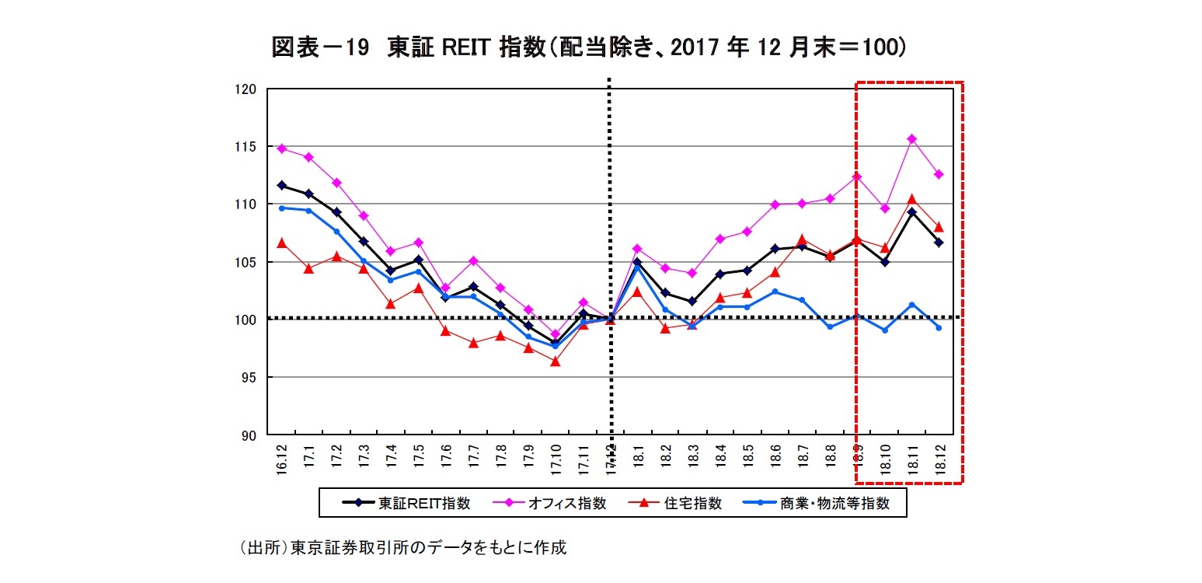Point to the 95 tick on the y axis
pos(249,378)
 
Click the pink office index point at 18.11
pos(911,139)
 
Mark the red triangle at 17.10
pos(555,361)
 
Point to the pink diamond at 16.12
pos(282,148)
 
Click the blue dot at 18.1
pos(637,268)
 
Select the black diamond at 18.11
pos(911,212)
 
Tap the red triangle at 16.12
pos(282,243)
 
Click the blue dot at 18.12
pos(939,327)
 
